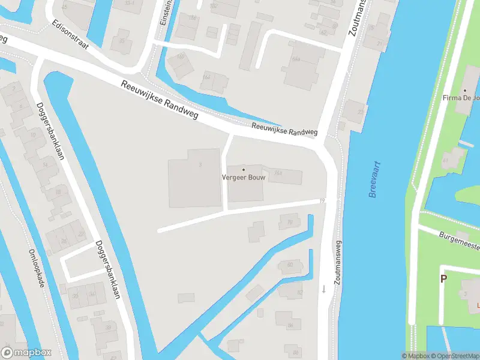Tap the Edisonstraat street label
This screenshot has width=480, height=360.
73,37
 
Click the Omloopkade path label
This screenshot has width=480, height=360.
37,268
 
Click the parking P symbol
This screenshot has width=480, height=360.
444,278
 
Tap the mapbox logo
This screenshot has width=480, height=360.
26,353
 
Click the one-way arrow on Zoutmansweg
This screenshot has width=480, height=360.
324,289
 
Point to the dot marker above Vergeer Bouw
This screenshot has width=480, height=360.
243,169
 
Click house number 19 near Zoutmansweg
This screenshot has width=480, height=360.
323,200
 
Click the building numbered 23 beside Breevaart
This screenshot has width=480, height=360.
359,112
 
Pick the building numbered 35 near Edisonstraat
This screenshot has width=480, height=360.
122,41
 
